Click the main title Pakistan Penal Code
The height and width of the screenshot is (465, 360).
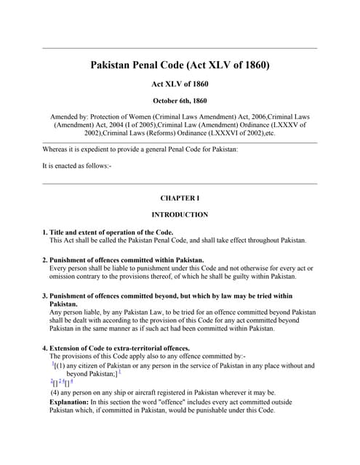(x=180, y=65)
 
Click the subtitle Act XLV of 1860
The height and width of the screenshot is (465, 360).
(x=180, y=84)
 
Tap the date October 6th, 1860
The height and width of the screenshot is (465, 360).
(x=180, y=100)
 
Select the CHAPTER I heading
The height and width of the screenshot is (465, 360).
(x=180, y=198)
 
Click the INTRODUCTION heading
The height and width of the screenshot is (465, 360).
(x=180, y=214)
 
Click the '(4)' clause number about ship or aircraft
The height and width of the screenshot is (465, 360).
(x=55, y=392)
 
